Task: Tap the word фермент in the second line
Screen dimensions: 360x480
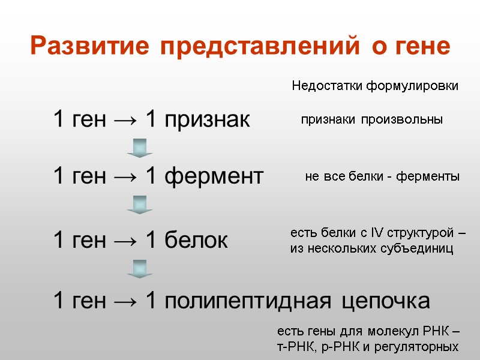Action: [214, 176]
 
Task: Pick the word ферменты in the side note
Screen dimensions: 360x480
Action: [429, 177]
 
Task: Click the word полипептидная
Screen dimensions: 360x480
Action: [247, 300]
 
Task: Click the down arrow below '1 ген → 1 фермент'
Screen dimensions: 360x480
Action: [140, 204]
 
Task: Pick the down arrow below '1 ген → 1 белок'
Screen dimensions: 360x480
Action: [140, 268]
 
